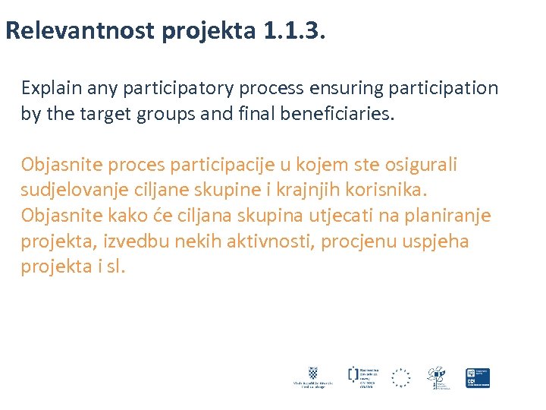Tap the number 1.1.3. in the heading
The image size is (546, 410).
click(x=293, y=30)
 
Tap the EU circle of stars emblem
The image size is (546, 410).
click(x=400, y=377)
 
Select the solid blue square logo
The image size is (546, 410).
click(x=478, y=377)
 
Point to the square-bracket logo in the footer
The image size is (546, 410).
click(x=353, y=374)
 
